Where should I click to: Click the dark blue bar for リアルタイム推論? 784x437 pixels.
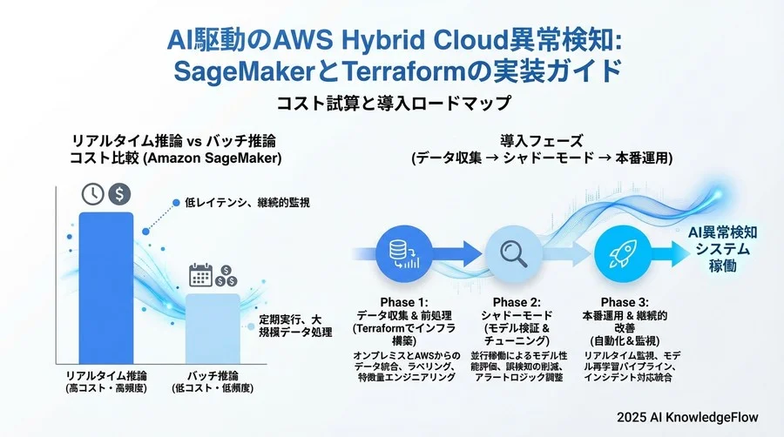(x=106, y=288)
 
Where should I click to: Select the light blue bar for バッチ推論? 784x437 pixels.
(x=213, y=329)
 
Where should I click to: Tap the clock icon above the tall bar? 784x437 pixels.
(x=93, y=194)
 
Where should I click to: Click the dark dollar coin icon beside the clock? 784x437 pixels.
(x=119, y=194)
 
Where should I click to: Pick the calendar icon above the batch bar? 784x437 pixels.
(x=201, y=275)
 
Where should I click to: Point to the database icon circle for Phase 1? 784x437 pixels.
(x=404, y=253)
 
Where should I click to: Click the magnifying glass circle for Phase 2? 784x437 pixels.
(x=513, y=253)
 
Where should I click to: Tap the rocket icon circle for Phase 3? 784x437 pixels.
(x=623, y=253)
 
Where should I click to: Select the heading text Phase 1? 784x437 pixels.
(x=404, y=302)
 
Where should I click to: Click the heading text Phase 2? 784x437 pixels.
(x=517, y=302)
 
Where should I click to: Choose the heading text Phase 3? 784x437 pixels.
(x=625, y=302)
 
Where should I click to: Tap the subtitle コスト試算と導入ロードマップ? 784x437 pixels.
(x=394, y=104)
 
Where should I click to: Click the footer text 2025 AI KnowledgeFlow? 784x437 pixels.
(x=687, y=417)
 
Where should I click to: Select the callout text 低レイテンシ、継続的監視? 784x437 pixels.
(x=247, y=202)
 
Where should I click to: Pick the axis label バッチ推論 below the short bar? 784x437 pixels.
(x=213, y=375)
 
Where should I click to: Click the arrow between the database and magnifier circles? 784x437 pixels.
(x=457, y=253)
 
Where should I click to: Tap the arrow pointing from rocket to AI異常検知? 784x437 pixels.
(x=670, y=253)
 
